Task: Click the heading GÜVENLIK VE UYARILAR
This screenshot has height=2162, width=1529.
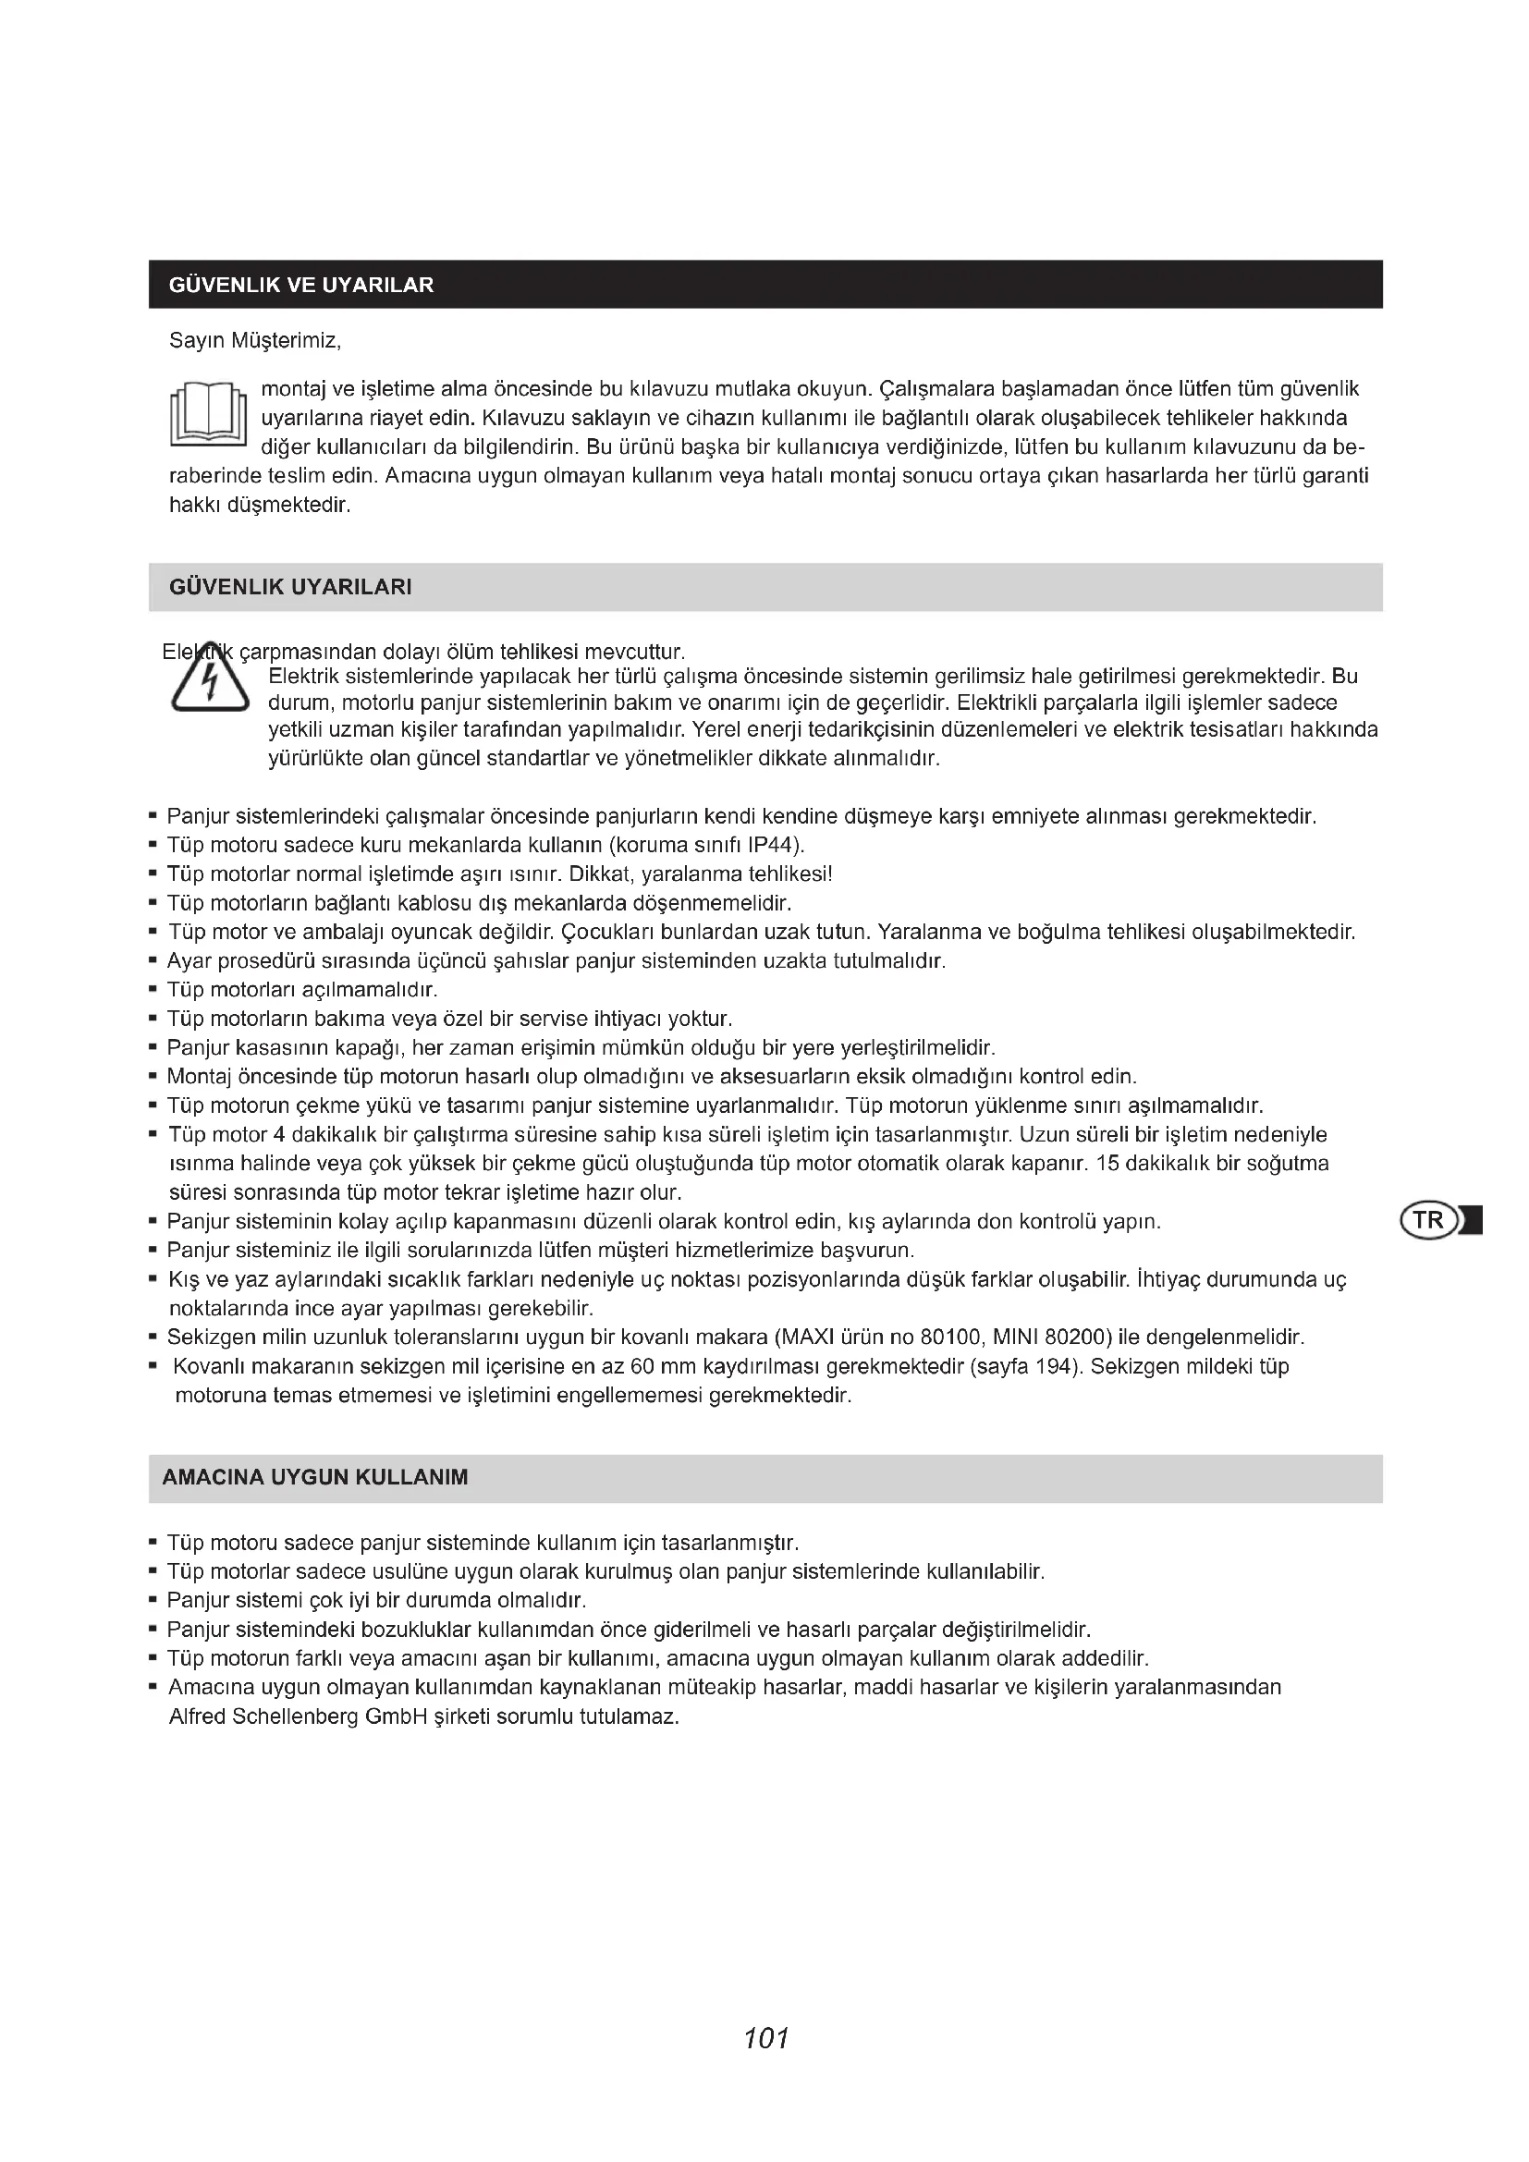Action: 301,286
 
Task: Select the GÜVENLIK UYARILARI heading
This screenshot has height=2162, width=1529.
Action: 290,588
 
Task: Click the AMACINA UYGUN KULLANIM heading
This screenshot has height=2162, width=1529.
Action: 314,1477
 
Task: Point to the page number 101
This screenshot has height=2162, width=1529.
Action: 765,2038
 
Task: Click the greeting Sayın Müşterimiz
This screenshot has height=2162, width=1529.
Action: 255,340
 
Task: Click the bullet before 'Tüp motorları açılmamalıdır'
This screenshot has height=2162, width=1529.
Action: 153,991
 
